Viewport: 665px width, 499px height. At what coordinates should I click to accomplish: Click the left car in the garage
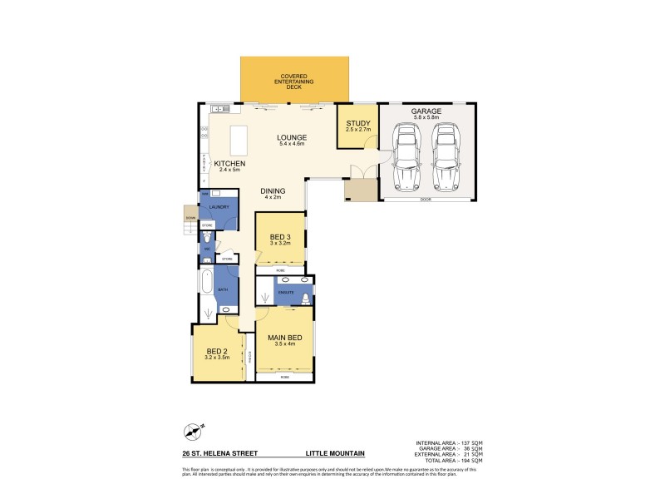tap(406, 157)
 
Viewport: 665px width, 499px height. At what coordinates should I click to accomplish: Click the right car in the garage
tap(446, 157)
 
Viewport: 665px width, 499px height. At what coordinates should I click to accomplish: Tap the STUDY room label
tap(357, 126)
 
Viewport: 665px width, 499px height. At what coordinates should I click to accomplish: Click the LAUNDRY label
tap(219, 207)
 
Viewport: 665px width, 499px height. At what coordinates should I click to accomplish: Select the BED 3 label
tap(280, 239)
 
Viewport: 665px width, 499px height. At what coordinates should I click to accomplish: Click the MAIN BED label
tap(283, 338)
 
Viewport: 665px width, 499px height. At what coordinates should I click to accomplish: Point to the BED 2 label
tap(217, 352)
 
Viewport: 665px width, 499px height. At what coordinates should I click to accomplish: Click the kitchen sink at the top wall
tap(219, 108)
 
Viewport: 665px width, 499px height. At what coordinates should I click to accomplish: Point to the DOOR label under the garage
tap(426, 200)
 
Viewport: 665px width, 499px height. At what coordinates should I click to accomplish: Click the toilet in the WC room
tap(207, 247)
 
